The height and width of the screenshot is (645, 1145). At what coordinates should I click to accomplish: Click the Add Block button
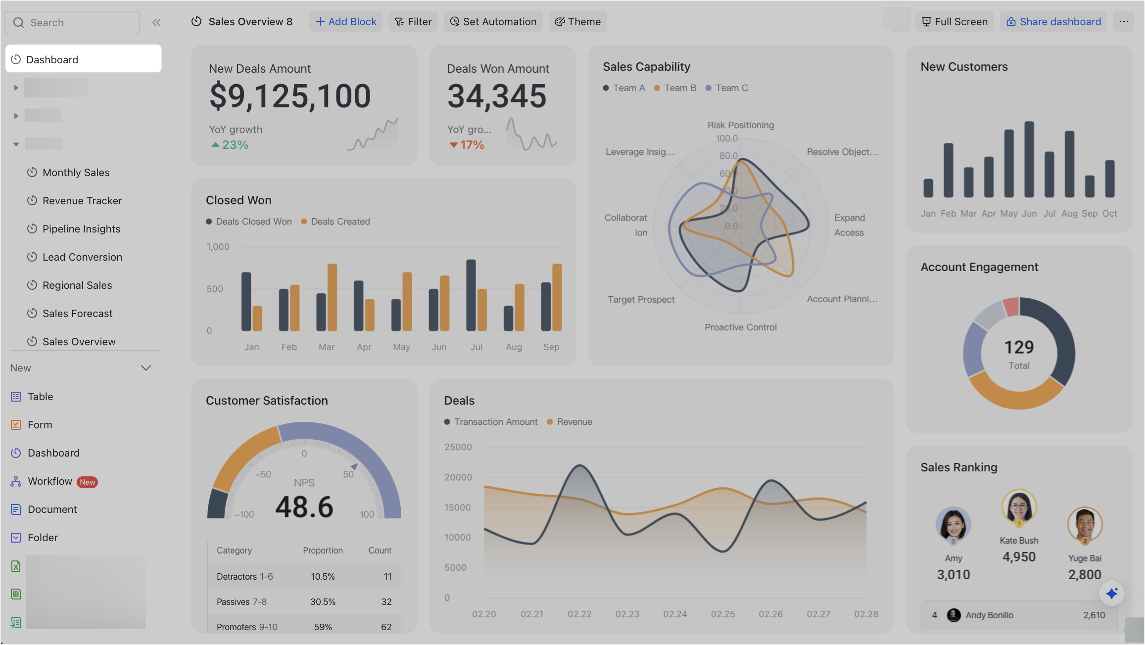point(346,22)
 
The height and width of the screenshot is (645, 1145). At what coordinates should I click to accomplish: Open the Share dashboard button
point(1053,22)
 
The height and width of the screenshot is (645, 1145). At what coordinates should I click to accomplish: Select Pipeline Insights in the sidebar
point(81,229)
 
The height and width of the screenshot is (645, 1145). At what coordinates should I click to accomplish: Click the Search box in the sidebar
point(72,23)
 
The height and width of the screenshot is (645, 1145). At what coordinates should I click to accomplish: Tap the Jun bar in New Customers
point(1029,159)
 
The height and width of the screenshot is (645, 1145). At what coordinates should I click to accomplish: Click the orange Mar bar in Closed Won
point(333,297)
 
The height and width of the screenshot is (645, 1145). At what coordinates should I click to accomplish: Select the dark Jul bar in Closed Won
point(471,295)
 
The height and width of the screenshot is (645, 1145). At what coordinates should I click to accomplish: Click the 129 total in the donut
point(1019,347)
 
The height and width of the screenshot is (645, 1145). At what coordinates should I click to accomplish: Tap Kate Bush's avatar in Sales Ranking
point(1019,507)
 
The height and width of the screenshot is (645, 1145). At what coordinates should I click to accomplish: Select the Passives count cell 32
point(386,602)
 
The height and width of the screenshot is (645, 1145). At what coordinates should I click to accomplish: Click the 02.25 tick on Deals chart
point(723,614)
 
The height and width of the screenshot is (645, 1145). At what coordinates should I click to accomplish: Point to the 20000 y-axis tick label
point(458,477)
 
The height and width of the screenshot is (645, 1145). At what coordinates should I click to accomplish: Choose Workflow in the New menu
point(50,481)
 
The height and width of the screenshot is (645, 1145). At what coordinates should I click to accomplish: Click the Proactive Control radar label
point(740,327)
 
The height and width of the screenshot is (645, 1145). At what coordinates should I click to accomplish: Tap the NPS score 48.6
point(304,507)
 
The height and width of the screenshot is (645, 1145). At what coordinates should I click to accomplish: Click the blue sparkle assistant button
point(1111,593)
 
